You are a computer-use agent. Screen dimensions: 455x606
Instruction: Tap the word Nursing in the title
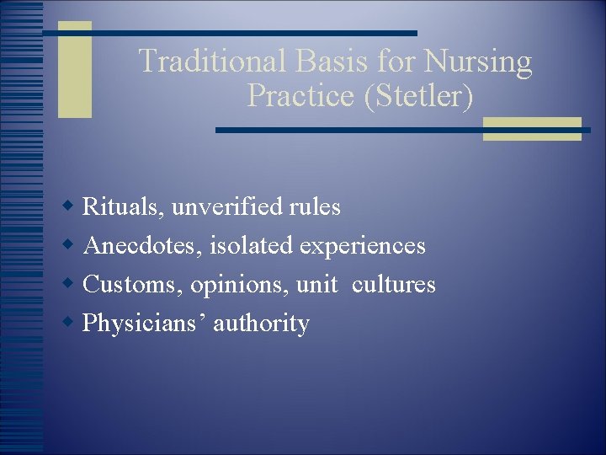[479, 62]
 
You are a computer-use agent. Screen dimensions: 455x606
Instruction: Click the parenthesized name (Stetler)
[418, 96]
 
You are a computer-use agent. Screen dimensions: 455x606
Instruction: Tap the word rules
[315, 206]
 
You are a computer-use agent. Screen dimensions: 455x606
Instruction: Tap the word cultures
[394, 285]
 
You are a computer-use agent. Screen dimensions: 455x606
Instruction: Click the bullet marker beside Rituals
[70, 206]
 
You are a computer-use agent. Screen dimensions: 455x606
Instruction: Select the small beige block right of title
[531, 129]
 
